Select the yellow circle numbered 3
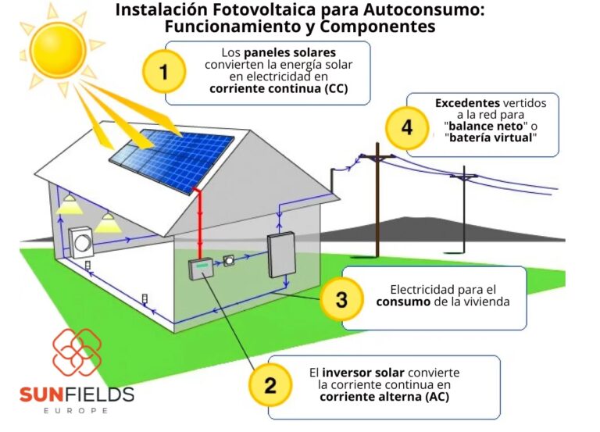341,298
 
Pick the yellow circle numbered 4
407,127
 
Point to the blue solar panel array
171,155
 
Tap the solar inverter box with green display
201,268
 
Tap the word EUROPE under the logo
77,410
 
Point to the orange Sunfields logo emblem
77,352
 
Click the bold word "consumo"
407,302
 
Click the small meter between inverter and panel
229,261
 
